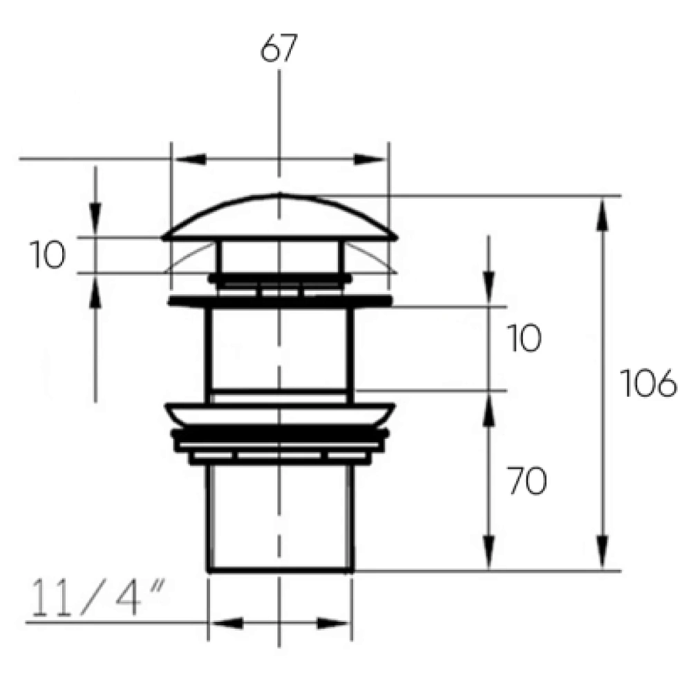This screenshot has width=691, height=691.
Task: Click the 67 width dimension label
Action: point(279,48)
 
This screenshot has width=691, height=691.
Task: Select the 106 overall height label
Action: point(648,383)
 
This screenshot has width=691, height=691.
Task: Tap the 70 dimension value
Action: point(527,481)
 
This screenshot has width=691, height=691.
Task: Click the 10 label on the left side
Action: point(48,255)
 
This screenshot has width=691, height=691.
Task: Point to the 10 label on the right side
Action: point(524,338)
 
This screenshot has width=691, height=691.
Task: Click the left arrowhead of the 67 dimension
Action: point(191,159)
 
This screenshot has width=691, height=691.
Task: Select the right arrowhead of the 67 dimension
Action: point(369,159)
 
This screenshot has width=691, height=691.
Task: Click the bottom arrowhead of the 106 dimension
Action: point(603,552)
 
